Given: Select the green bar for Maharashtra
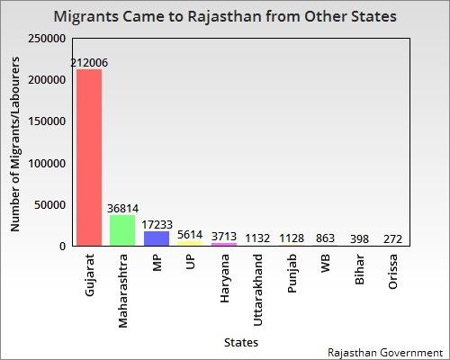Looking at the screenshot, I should pos(122,230).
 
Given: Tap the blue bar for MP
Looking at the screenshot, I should pos(157,238).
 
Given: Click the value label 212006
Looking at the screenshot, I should pos(89,63).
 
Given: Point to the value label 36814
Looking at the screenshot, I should pos(122,208).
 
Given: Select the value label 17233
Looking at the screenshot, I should pos(157,224).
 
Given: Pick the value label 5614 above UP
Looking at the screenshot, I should pos(190,234).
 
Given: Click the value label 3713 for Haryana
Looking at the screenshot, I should pos(224,236).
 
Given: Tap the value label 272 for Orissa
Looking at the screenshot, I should pos(392,238).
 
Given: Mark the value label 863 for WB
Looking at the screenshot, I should pos(325,238).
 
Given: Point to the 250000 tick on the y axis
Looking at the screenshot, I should pos(47,39).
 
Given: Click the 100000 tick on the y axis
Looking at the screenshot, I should pos(47,164).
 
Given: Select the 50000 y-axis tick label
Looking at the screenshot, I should pos(49,205).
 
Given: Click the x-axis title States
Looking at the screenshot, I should pos(241,342).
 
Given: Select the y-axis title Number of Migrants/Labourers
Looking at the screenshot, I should pos(16,142).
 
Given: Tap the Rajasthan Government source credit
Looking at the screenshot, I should pos(386,351).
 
